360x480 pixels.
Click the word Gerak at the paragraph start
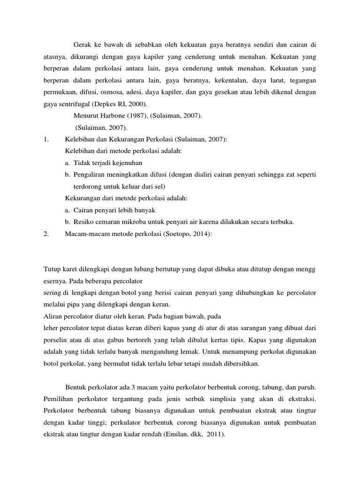pos(82,45)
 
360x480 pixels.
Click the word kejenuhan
pos(127,163)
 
